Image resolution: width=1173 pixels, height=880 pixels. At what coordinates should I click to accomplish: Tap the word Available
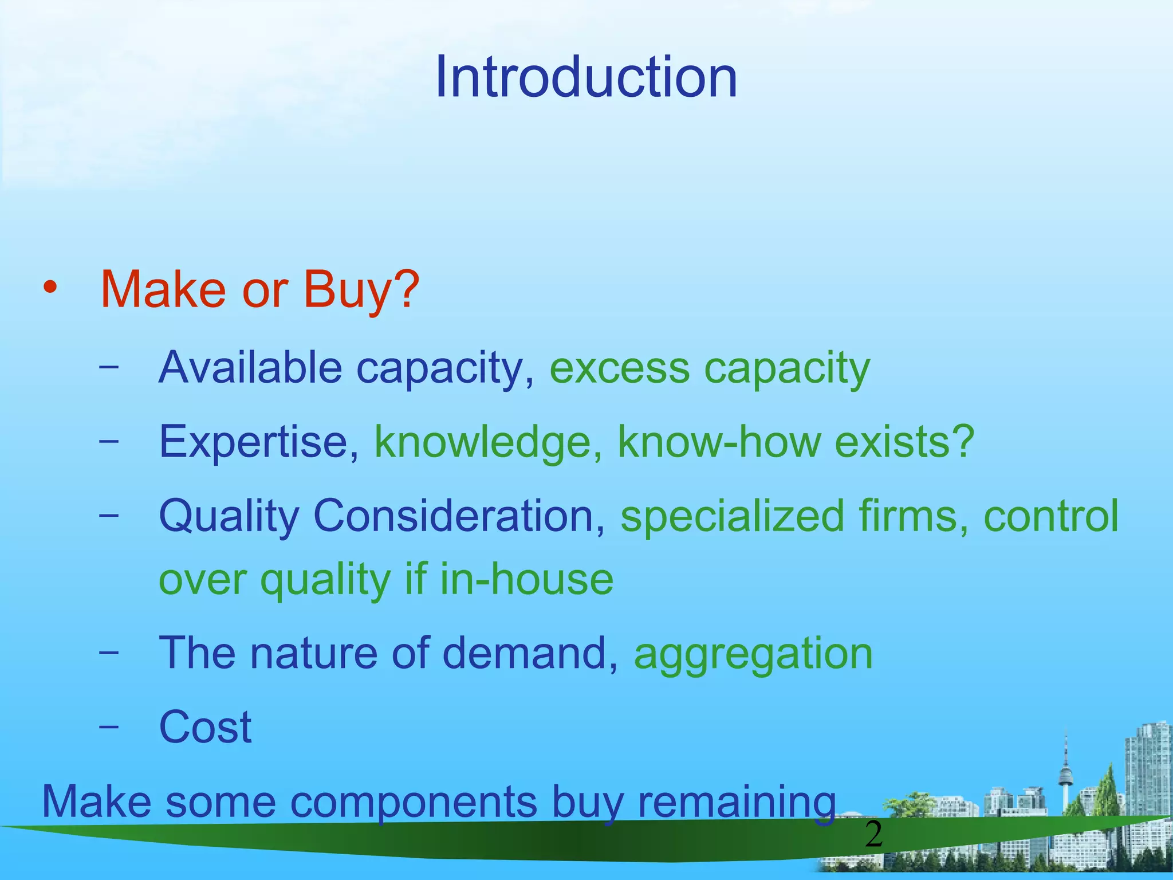(250, 367)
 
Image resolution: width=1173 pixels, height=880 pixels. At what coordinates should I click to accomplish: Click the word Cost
(205, 727)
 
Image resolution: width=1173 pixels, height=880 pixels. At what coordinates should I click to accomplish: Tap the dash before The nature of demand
(109, 652)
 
